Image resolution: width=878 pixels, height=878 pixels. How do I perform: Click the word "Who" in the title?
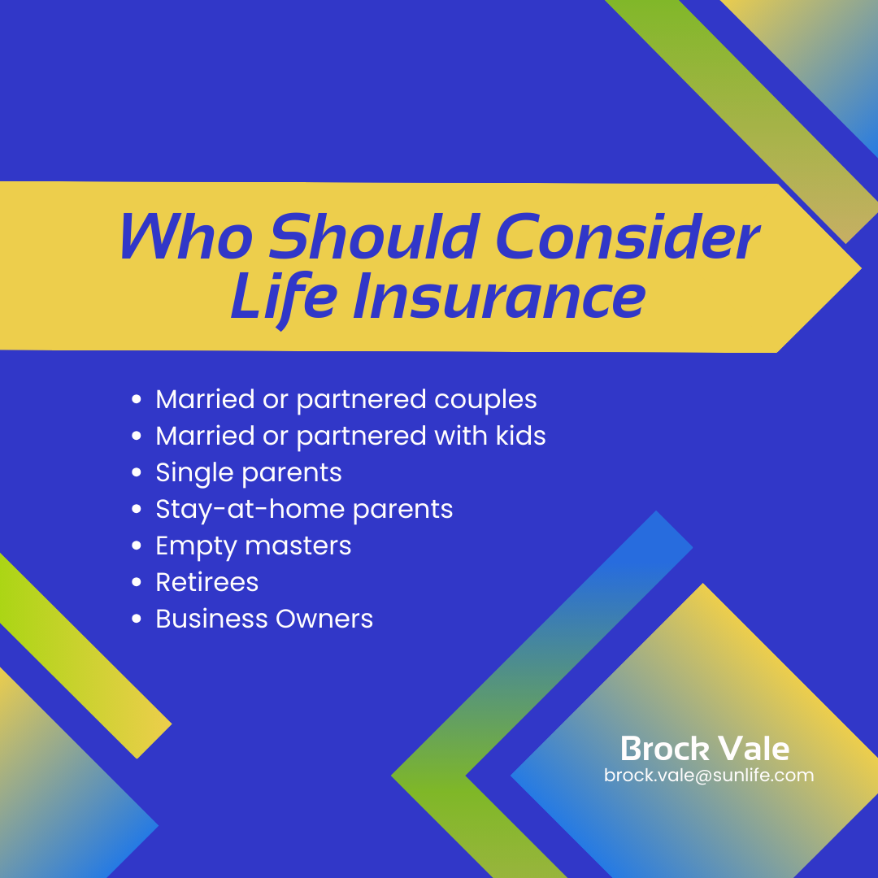click(186, 237)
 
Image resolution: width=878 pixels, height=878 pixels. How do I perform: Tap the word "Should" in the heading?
click(373, 237)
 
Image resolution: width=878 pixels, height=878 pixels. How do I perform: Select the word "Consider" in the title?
click(627, 237)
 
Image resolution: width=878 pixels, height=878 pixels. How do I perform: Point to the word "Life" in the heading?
click(284, 297)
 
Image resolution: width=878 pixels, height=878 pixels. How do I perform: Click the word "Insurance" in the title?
click(499, 297)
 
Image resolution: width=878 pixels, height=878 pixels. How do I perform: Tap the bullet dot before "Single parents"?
click(136, 472)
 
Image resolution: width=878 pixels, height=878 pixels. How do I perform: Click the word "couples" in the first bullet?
click(485, 400)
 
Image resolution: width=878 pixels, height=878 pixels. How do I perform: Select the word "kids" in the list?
click(520, 436)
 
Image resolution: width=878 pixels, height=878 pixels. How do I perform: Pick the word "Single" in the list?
click(194, 473)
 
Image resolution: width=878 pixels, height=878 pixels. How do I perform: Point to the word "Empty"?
click(196, 546)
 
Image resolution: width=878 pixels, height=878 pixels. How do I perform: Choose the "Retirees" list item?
click(206, 582)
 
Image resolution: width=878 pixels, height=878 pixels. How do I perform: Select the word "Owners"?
click(324, 619)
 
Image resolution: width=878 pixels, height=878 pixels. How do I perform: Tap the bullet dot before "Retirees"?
click(136, 582)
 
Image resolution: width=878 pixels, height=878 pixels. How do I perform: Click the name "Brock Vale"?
click(705, 749)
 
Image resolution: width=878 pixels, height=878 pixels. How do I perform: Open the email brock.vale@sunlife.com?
click(709, 776)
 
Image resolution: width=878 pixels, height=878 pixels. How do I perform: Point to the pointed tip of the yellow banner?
click(860, 269)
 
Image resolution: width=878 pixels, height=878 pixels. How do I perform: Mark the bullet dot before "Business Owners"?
click(136, 618)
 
